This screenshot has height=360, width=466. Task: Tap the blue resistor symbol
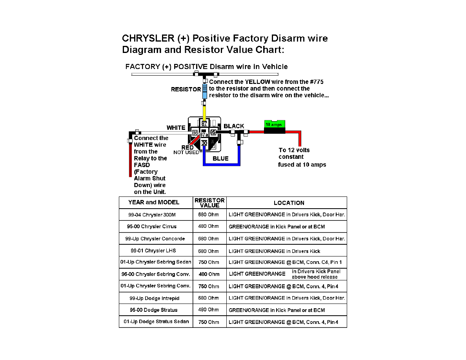pos(204,91)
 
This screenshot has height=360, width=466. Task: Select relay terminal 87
pos(204,124)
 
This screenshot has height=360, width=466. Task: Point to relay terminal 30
pos(204,143)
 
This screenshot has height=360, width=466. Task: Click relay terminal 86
pos(195,133)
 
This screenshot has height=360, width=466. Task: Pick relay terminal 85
pos(213,132)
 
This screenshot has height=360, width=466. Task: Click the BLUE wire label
pos(220,158)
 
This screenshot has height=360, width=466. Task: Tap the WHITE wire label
pos(176,128)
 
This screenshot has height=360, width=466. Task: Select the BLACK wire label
pos(234,126)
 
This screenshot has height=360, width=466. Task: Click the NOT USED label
pos(186,153)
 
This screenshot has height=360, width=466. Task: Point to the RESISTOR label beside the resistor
pos(186,89)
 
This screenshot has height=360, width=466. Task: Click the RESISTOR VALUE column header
pos(209,203)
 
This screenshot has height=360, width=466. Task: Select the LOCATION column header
pos(289,203)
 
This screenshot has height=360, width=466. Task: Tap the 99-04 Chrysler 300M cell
pos(152,215)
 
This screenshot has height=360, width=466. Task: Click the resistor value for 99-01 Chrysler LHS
pos(208,251)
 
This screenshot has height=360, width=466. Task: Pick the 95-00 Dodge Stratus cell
pos(154,310)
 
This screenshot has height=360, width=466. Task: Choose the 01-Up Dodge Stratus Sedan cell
pos(157,322)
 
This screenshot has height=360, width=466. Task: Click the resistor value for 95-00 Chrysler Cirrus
pos(208,226)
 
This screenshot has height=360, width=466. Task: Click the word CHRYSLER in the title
pos(148,38)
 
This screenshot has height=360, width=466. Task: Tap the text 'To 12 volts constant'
pos(294,154)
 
